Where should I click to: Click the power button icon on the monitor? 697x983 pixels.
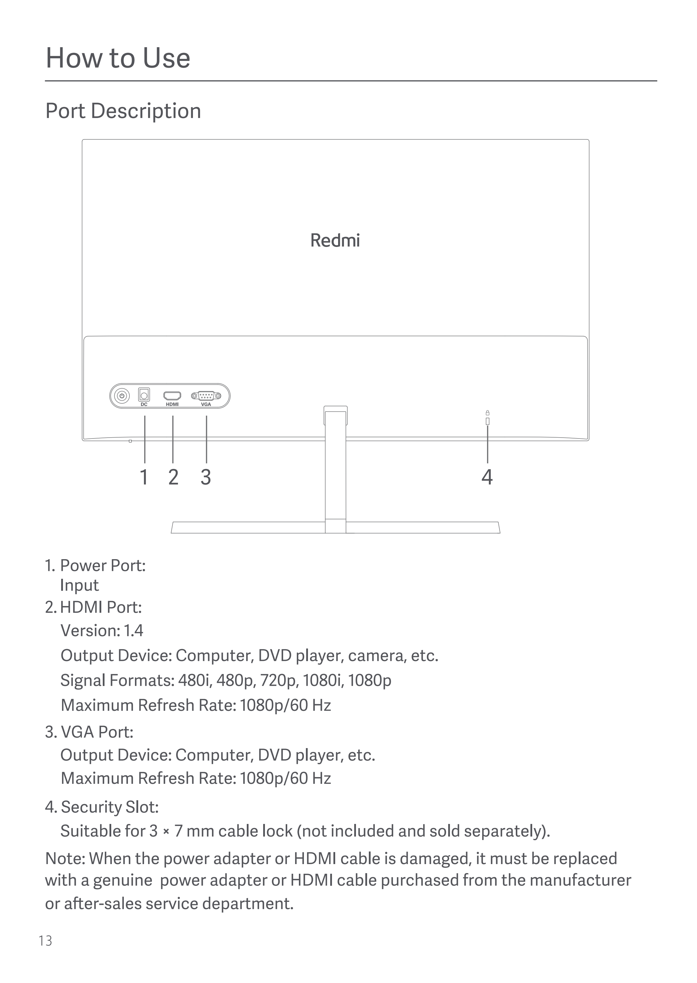[122, 395]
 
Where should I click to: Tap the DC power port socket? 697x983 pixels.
[144, 394]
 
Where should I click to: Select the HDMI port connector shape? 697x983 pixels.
[172, 395]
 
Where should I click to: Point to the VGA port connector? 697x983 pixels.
[206, 395]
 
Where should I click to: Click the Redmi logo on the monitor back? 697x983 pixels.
[335, 240]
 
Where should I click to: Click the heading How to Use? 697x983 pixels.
[118, 58]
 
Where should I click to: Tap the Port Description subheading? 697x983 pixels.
[123, 111]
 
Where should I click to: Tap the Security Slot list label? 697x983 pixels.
[109, 807]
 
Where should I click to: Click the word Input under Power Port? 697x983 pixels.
[79, 585]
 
